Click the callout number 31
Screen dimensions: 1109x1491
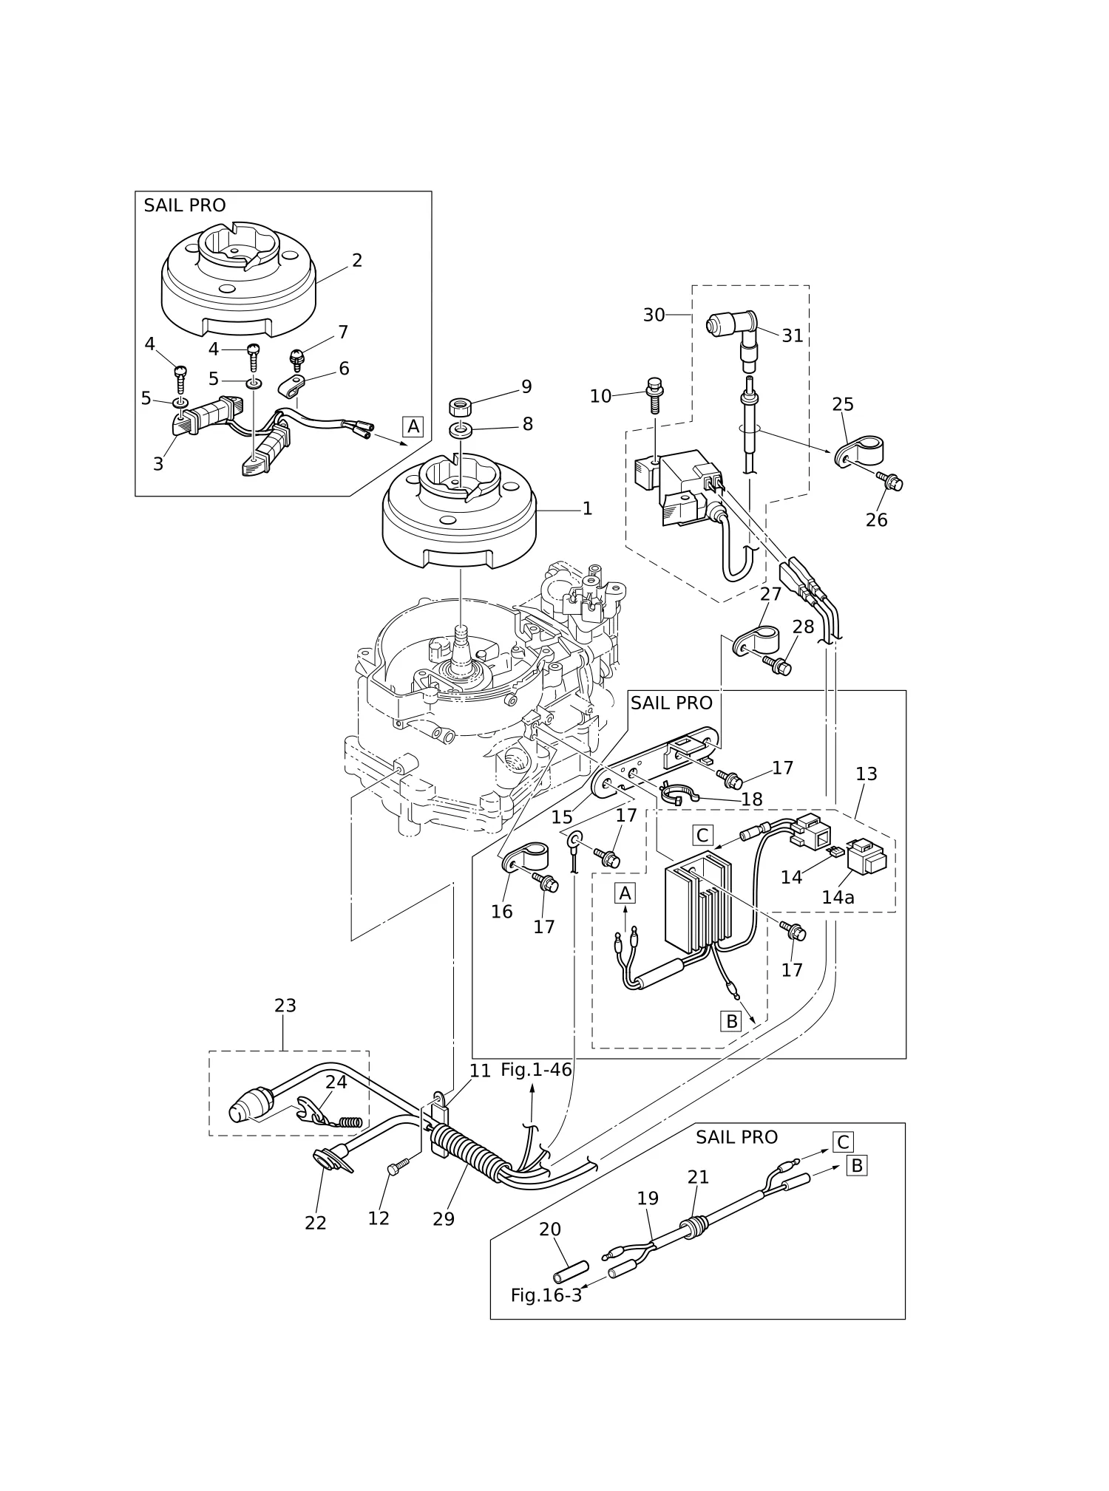[x=792, y=335]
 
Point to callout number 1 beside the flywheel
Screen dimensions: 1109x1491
[x=587, y=508]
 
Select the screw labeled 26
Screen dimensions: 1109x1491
[x=890, y=481]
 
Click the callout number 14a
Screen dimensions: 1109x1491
[x=838, y=897]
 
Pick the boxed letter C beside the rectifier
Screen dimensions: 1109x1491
[x=702, y=836]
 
